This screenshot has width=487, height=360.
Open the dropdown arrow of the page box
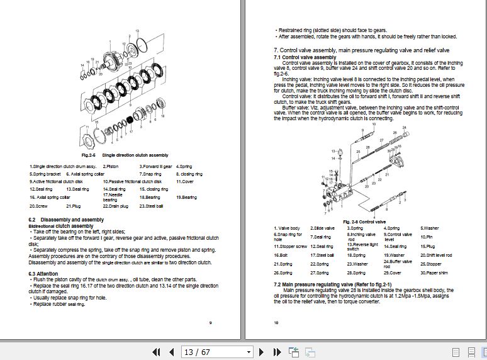[249, 352]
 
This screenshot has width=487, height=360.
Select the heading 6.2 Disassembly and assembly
[66, 220]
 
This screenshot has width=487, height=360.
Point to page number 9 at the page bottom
[210, 323]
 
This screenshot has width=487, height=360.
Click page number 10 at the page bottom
[276, 323]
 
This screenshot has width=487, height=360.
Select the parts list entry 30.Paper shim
[435, 273]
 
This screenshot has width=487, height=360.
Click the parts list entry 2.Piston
[111, 166]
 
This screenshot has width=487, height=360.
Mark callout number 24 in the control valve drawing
[404, 128]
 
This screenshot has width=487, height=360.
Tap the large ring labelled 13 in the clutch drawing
[142, 45]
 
